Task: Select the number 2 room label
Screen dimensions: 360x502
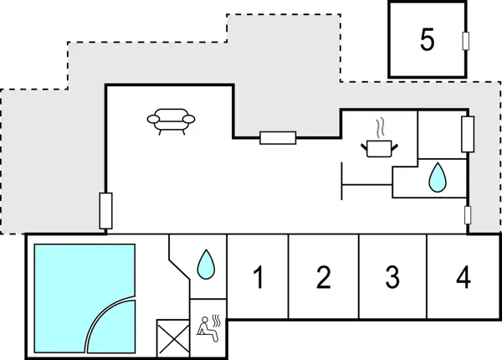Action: [x=324, y=276]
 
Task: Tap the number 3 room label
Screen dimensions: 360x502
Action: [x=392, y=276]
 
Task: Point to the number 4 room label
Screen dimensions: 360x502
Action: [x=464, y=276]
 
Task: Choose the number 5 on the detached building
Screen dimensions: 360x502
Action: [x=428, y=41]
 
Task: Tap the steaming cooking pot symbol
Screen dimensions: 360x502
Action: [x=379, y=147]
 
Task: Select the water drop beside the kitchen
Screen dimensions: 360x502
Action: [x=436, y=177]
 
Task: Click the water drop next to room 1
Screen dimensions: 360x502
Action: [x=205, y=265]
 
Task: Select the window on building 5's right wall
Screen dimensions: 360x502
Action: [x=465, y=41]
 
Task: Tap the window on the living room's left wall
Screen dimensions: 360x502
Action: [x=105, y=211]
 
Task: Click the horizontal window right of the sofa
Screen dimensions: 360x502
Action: [x=278, y=137]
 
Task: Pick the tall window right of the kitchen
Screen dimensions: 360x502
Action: [x=468, y=134]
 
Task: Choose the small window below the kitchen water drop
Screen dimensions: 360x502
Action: [x=468, y=215]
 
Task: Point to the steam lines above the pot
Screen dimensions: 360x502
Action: [x=381, y=128]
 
